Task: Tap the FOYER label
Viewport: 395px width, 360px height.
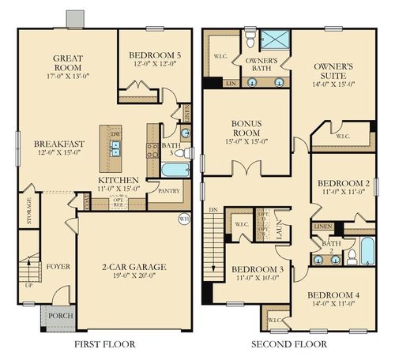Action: [58, 267]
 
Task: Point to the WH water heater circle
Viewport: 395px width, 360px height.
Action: [183, 219]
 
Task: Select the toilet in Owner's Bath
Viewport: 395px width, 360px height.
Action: [249, 36]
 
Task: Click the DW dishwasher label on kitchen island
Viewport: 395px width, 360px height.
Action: [115, 133]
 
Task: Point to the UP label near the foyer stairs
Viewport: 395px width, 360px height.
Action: [29, 283]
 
